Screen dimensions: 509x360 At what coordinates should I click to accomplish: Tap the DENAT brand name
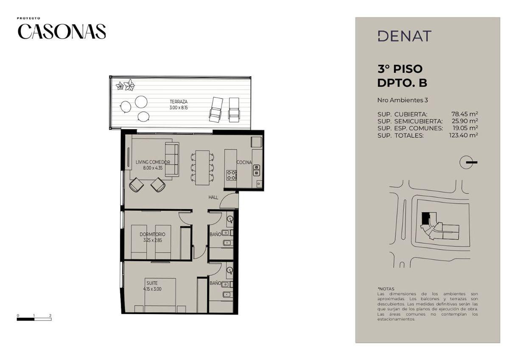coord(405,36)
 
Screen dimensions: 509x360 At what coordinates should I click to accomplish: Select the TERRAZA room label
coord(179,101)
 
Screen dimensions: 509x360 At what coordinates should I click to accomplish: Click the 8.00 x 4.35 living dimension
coord(153,168)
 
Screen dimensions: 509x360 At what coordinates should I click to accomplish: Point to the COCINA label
coord(244,162)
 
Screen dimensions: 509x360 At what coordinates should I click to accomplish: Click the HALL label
coord(213,197)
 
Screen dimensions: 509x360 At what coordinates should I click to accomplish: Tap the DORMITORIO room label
coord(152,234)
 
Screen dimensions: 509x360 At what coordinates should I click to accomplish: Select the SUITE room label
coord(152,283)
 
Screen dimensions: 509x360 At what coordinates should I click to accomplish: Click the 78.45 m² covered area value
coord(465,114)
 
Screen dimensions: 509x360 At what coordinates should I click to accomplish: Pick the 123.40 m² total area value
coord(464,135)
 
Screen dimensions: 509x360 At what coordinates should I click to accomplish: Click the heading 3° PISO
coord(400,69)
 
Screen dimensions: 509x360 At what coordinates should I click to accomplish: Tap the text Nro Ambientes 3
coord(403,100)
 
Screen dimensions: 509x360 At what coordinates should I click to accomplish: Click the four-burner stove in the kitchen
coord(232,175)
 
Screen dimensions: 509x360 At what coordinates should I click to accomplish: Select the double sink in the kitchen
coord(257,170)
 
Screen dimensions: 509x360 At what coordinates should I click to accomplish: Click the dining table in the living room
coord(202,168)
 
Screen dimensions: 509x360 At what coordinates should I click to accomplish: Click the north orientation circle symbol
coord(466,162)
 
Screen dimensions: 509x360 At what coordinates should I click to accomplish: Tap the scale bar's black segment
coord(25,319)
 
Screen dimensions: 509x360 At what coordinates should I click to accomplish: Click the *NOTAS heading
coord(386,289)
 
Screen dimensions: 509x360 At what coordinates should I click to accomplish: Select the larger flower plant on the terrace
coord(129,85)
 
